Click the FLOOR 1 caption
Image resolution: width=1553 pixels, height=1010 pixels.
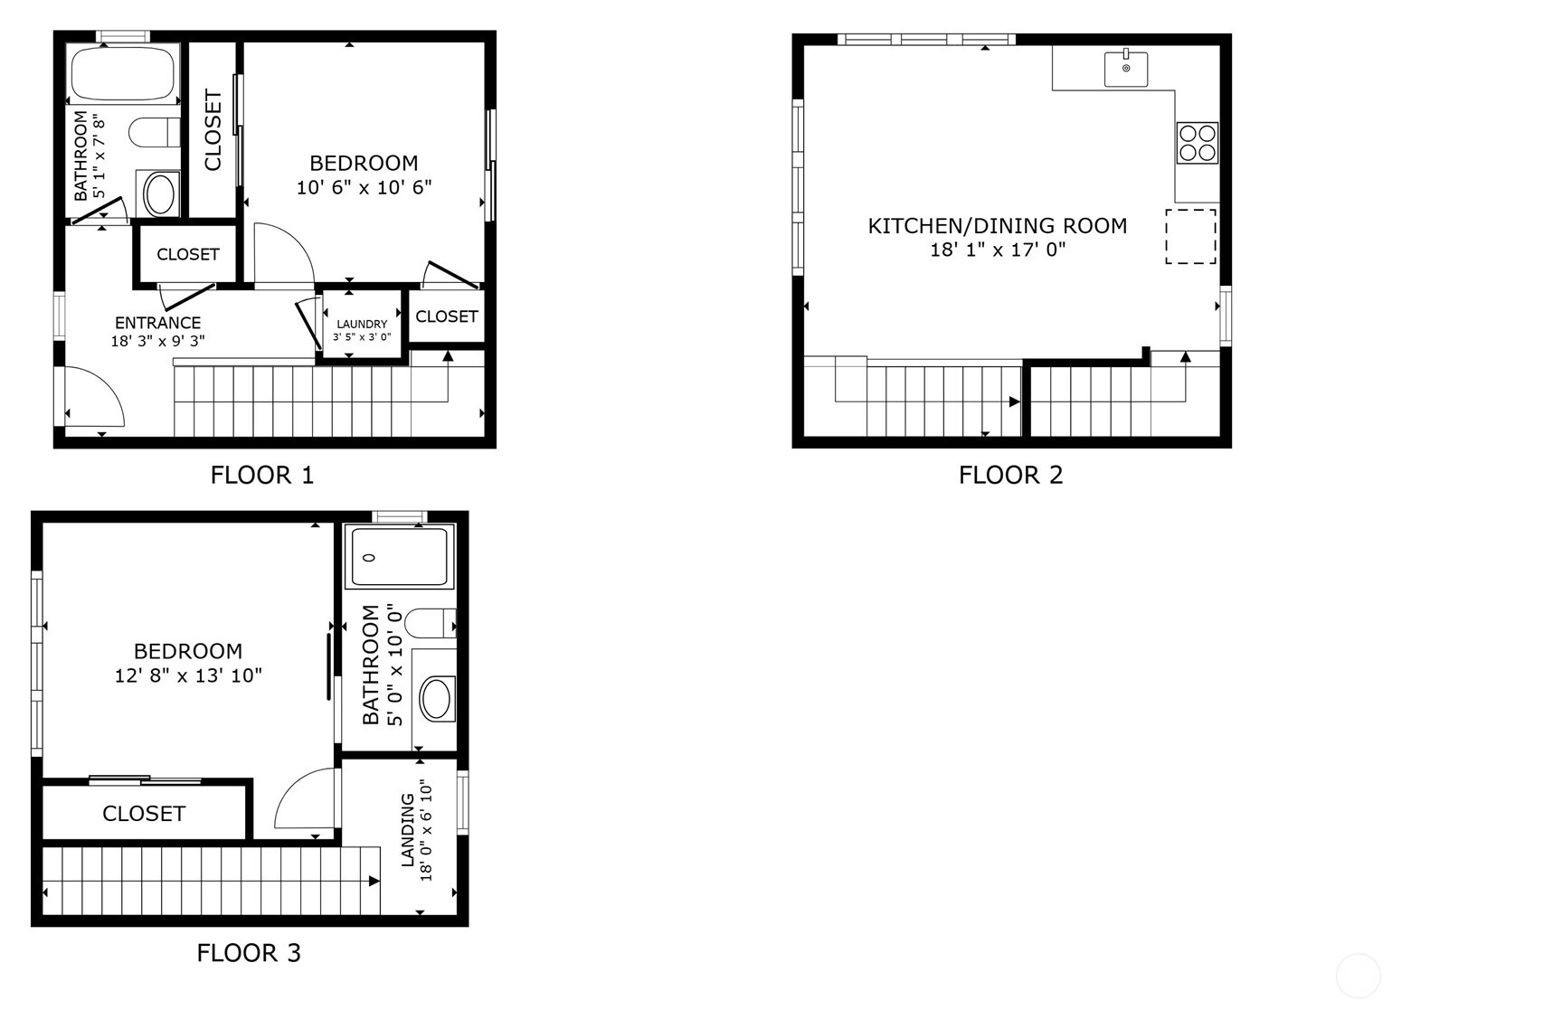tap(262, 475)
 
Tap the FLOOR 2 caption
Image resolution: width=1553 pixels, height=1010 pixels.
tap(1011, 475)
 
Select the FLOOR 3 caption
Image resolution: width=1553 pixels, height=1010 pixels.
tap(249, 952)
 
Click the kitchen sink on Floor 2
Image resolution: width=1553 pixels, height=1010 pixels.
tap(1126, 69)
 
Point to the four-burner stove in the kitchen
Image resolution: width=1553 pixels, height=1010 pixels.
tap(1198, 143)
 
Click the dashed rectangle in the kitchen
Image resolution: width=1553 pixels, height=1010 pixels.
tap(1190, 236)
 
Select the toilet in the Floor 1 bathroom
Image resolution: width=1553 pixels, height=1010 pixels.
tap(155, 133)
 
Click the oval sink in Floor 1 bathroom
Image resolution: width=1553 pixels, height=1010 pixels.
tap(160, 194)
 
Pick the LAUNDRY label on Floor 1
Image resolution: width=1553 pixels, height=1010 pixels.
tap(362, 324)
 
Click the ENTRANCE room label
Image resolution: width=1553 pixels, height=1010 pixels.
tap(158, 323)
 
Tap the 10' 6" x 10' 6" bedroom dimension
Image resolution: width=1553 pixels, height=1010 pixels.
tap(365, 187)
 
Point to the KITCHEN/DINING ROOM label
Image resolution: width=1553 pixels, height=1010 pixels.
tap(998, 226)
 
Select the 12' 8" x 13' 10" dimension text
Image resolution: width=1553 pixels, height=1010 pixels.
tap(188, 675)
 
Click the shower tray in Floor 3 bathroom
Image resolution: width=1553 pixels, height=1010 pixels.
tap(400, 558)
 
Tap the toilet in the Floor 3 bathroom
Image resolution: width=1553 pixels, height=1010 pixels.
tap(430, 623)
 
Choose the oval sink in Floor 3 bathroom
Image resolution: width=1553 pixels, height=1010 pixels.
tap(436, 698)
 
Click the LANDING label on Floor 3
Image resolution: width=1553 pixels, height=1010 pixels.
tap(407, 829)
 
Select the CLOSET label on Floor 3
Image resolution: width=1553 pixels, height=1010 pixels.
tap(144, 814)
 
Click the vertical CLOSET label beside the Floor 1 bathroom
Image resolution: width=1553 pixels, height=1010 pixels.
tap(213, 129)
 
